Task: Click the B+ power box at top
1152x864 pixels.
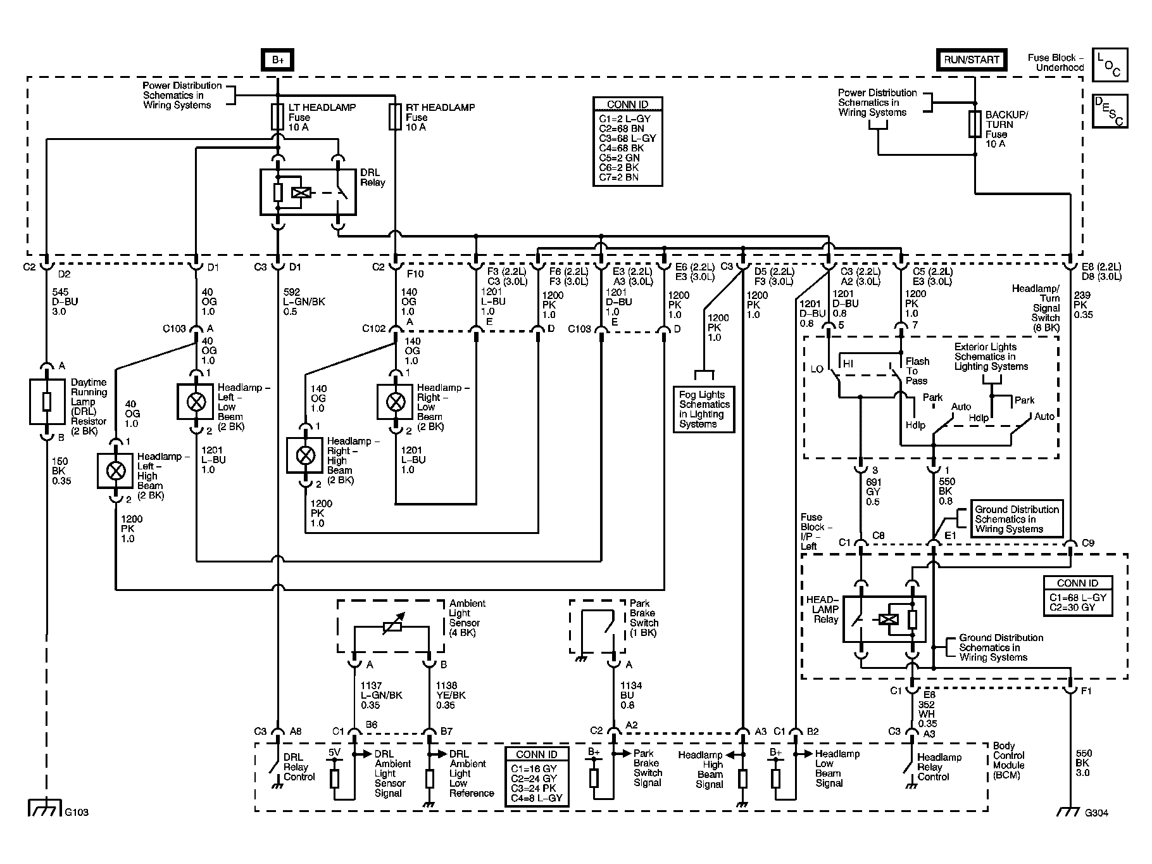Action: pyautogui.click(x=278, y=60)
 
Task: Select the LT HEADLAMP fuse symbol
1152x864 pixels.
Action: pyautogui.click(x=277, y=117)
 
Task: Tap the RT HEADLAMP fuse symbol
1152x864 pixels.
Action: pyautogui.click(x=395, y=117)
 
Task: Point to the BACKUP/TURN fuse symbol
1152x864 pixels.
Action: pyautogui.click(x=975, y=125)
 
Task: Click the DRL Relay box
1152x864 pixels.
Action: pyautogui.click(x=308, y=192)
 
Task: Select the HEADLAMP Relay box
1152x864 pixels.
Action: pyautogui.click(x=884, y=619)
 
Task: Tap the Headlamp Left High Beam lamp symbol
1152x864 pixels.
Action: pyautogui.click(x=115, y=471)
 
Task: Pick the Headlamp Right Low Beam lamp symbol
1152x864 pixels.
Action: pyautogui.click(x=396, y=401)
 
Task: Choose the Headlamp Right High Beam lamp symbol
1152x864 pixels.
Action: pyautogui.click(x=305, y=455)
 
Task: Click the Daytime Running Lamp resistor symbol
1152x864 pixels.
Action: pyautogui.click(x=47, y=402)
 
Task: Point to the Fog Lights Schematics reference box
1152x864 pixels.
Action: pyautogui.click(x=704, y=410)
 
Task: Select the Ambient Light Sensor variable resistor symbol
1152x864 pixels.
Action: pyautogui.click(x=392, y=628)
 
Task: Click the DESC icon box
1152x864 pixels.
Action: pyautogui.click(x=1110, y=111)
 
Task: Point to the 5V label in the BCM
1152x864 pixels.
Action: pyautogui.click(x=334, y=753)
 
